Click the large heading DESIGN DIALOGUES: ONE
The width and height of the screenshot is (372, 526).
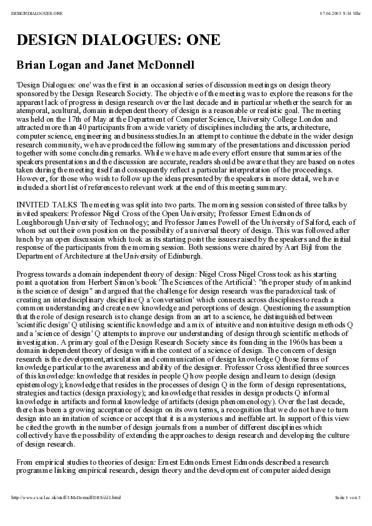coord(119,40)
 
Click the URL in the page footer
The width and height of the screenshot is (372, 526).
coord(66,515)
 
